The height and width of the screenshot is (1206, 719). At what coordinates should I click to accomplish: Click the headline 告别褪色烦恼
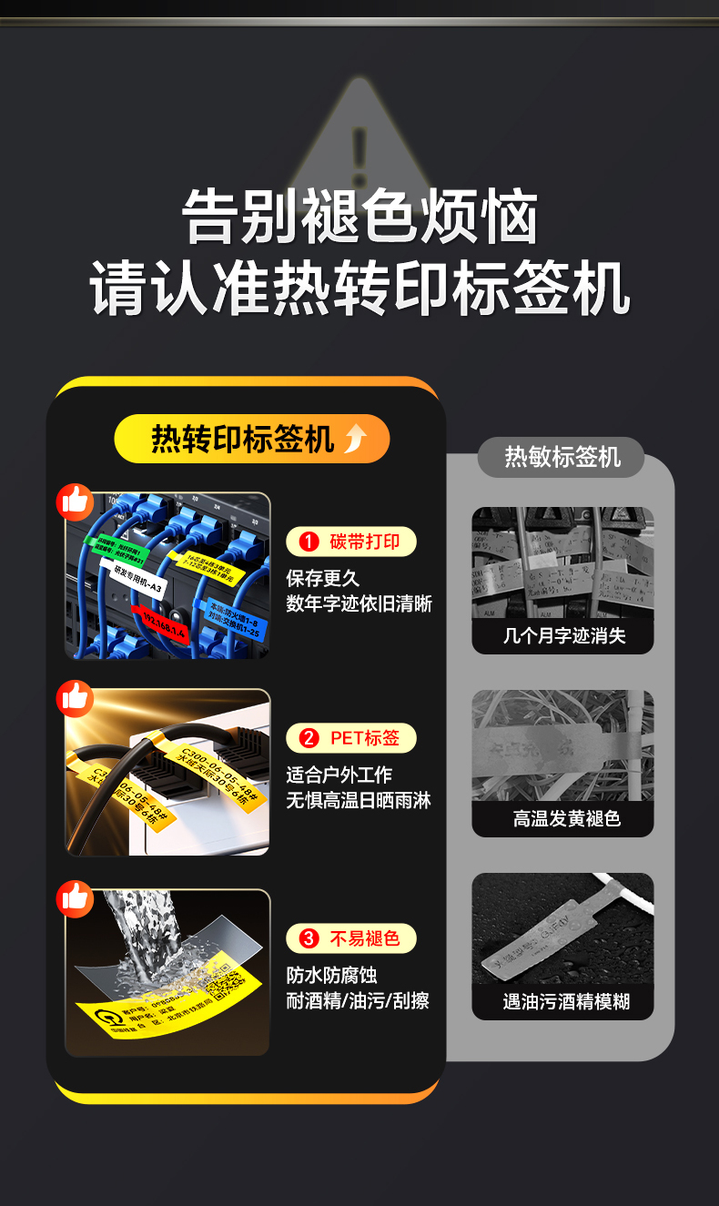[359, 218]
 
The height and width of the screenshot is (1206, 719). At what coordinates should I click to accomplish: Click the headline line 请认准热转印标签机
[359, 288]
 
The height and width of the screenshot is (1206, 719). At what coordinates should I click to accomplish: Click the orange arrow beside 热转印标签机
[355, 440]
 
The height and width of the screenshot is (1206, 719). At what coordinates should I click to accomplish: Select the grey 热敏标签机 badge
[562, 457]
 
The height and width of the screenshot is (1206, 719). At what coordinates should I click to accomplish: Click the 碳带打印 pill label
[351, 542]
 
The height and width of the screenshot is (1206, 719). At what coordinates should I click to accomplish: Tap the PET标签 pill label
[351, 737]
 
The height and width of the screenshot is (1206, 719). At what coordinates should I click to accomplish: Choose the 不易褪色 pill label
[351, 937]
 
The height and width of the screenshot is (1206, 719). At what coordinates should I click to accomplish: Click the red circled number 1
[309, 542]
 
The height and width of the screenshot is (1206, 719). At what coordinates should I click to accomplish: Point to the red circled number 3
[309, 937]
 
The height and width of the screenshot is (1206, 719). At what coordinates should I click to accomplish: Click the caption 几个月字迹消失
[563, 636]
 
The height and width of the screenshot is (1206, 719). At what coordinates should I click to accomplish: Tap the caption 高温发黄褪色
[563, 819]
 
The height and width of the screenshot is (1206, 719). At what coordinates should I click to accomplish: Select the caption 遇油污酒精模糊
[563, 1002]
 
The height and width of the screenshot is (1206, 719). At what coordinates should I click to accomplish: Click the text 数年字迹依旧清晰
[359, 603]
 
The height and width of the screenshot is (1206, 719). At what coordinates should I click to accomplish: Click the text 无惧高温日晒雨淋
[359, 800]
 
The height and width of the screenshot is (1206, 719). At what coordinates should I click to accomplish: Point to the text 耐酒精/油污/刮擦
[358, 1000]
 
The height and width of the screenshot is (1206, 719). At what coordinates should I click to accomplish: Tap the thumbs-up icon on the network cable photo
[75, 502]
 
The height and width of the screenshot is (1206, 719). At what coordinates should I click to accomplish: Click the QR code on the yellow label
[224, 987]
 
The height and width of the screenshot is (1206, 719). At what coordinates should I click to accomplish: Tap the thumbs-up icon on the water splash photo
[75, 897]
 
